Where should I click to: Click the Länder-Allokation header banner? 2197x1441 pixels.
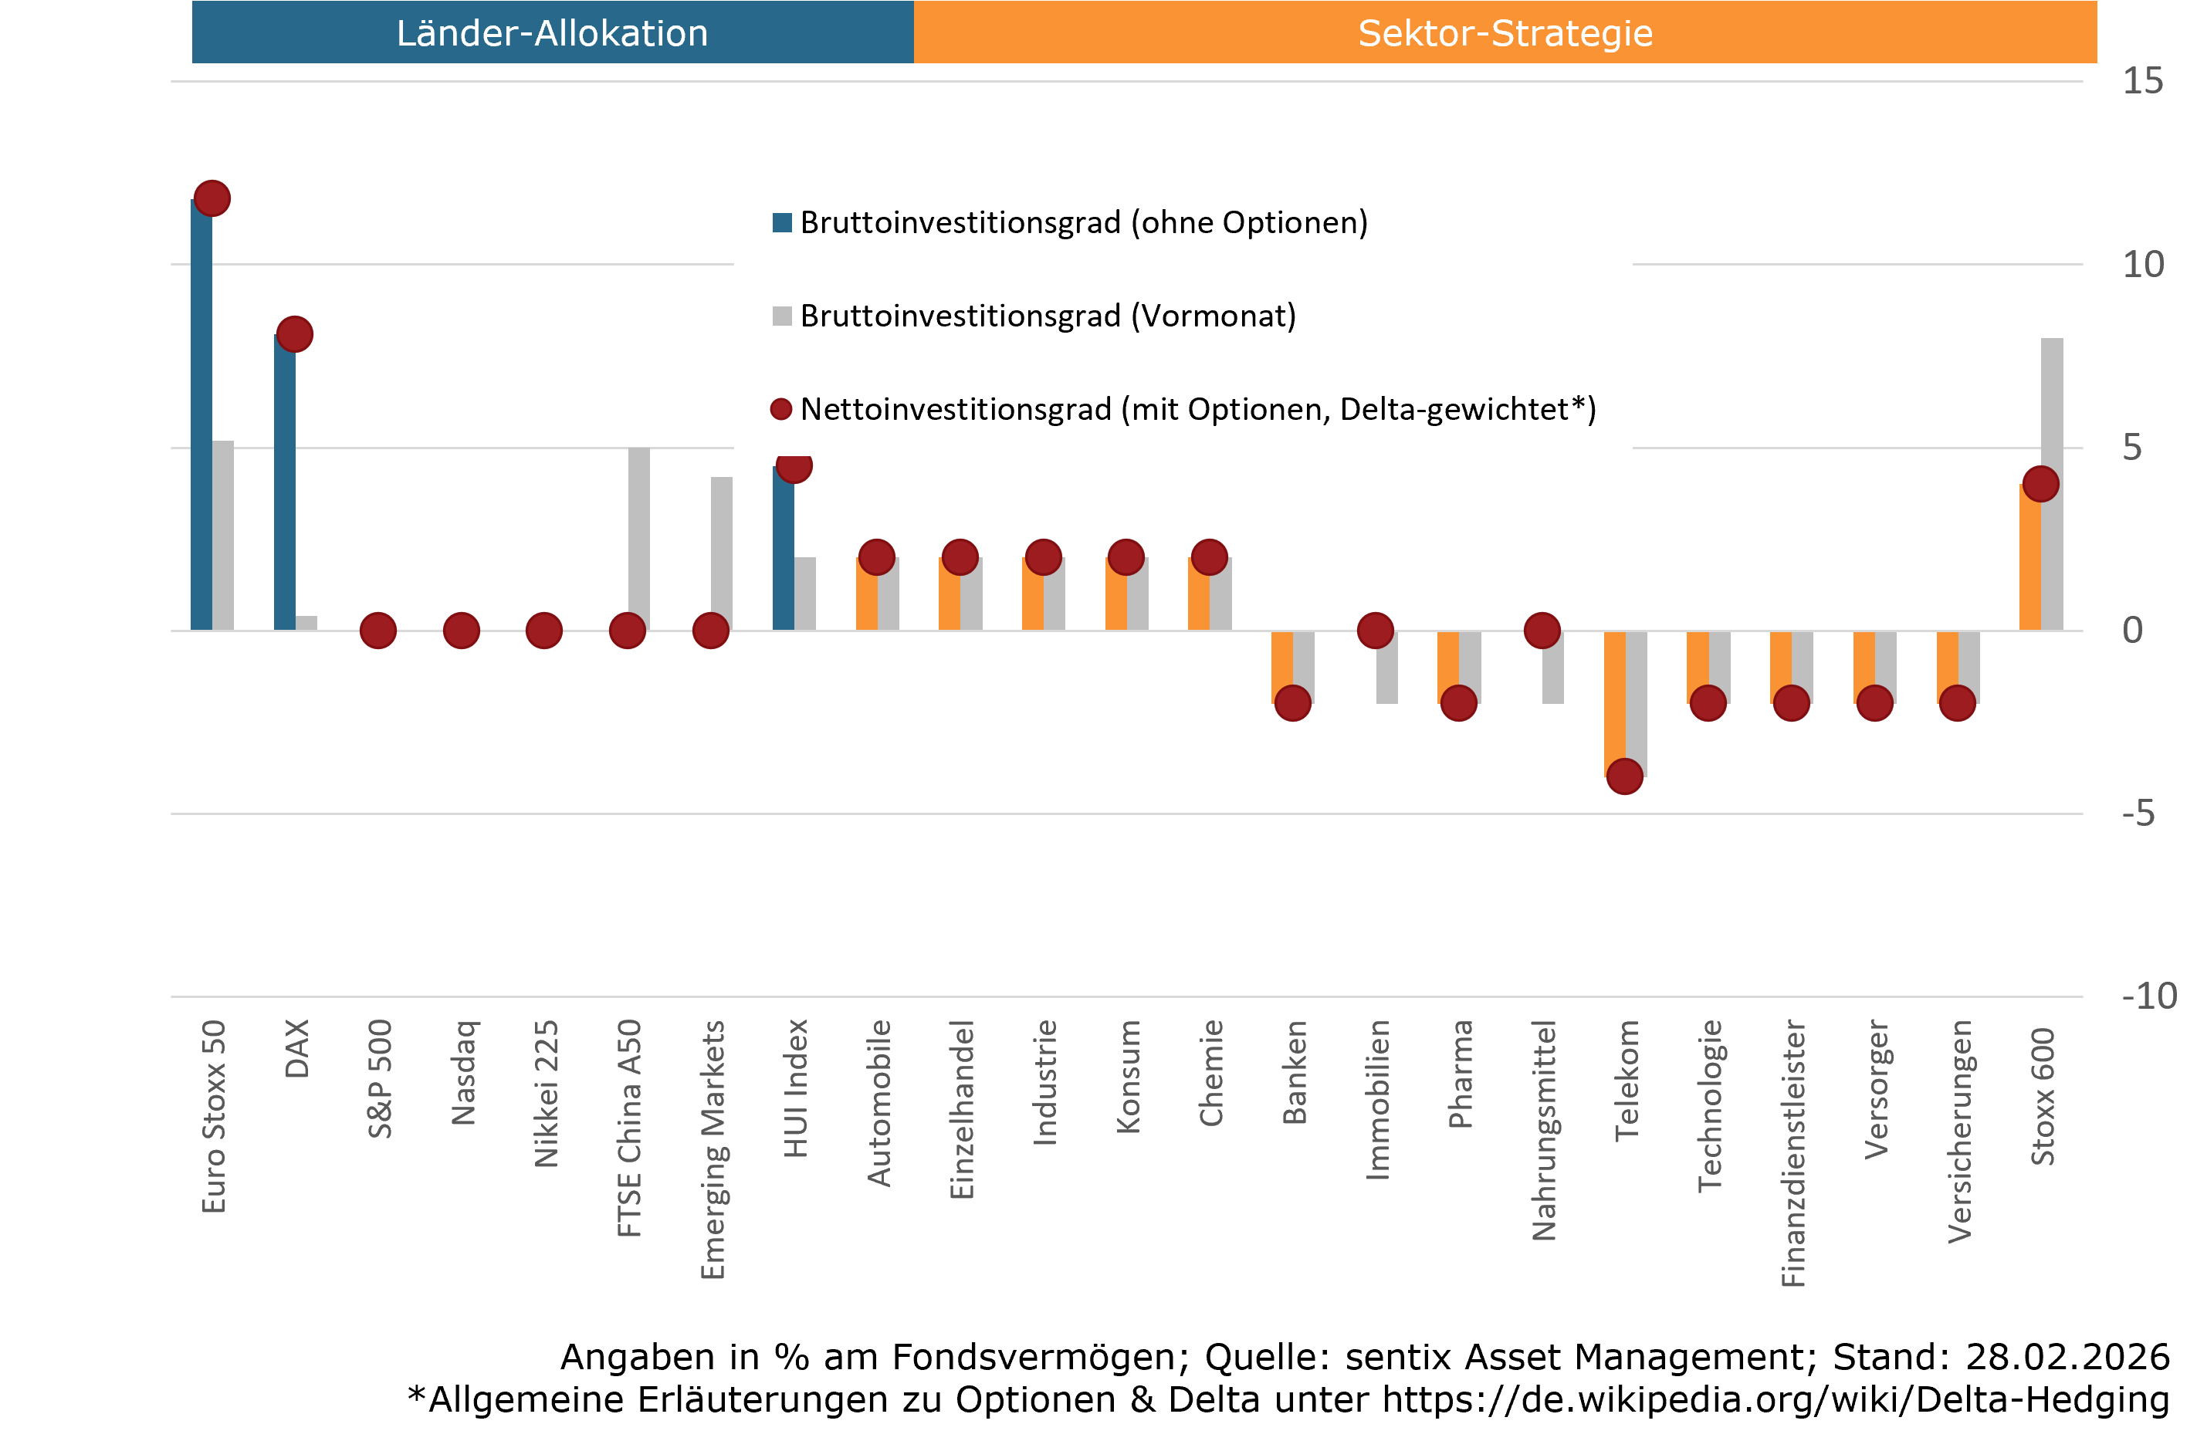tap(552, 32)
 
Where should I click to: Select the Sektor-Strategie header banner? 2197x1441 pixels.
tap(1505, 32)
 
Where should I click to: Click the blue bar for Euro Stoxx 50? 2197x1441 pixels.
tap(201, 415)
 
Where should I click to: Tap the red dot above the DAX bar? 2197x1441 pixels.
tap(294, 333)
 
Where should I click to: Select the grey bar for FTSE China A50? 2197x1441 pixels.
tap(638, 540)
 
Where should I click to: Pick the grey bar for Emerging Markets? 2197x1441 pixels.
tap(722, 554)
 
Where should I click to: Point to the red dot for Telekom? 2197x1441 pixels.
tap(1625, 776)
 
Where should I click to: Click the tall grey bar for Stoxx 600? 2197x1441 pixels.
tap(2051, 415)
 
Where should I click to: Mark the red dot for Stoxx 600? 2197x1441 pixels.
tap(2040, 484)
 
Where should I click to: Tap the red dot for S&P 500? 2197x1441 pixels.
tap(377, 631)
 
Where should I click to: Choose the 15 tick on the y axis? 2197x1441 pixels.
tap(2141, 81)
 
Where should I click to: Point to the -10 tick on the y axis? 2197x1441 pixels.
tap(2149, 996)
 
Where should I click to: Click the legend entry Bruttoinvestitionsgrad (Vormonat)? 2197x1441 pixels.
tap(1047, 316)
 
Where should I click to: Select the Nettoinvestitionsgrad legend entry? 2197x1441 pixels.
tap(1197, 409)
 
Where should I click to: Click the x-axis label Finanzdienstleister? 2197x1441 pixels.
tap(1792, 1153)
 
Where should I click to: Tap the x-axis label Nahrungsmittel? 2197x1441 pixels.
tap(1542, 1130)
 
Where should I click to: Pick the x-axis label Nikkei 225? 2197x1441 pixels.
tap(546, 1093)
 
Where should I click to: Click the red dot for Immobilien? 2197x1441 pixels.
tap(1376, 631)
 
